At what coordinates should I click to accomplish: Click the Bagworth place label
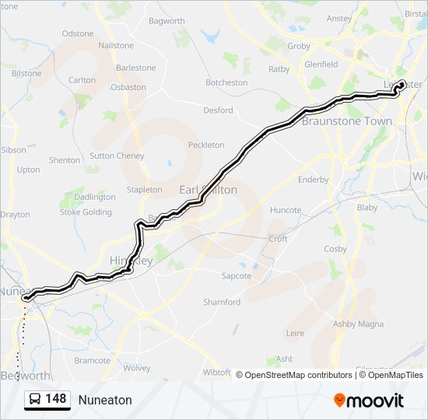point(167,20)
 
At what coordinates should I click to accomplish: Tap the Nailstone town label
point(116,46)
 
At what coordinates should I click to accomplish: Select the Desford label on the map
point(218,110)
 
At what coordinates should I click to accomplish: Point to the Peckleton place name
point(205,145)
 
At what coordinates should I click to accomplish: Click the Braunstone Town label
point(346,121)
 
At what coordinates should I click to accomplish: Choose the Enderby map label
point(314,180)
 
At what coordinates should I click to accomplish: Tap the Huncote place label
point(285,210)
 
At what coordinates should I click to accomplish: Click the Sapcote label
point(236,275)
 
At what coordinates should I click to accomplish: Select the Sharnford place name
point(222,302)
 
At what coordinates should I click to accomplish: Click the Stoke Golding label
point(86,212)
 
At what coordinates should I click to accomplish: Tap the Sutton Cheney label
point(117,156)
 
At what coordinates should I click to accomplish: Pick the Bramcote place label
point(93,360)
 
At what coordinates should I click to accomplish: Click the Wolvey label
point(136,368)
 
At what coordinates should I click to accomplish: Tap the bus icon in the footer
point(35,399)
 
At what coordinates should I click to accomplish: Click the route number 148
point(55,399)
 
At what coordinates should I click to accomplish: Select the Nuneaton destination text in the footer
point(105,400)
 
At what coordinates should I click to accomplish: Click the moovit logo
point(369,400)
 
